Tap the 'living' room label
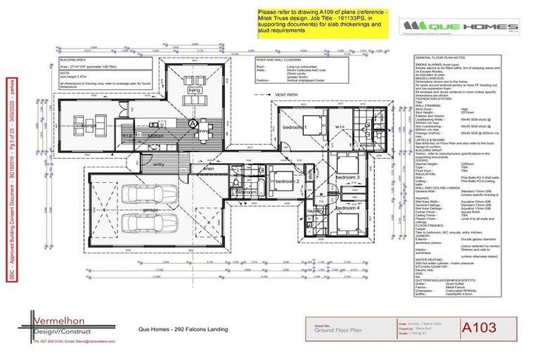(194, 91)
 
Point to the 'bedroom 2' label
(288, 181)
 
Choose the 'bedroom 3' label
(347, 177)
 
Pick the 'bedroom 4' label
(347, 208)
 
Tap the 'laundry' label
(315, 210)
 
